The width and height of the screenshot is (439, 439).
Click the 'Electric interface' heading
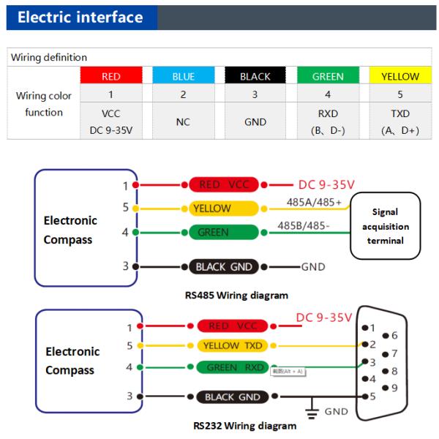pyautogui.click(x=80, y=18)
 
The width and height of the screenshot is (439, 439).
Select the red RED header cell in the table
pyautogui.click(x=110, y=76)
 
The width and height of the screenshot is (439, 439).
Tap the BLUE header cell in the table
pyautogui.click(x=183, y=76)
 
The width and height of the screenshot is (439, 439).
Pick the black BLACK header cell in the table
pyautogui.click(x=255, y=76)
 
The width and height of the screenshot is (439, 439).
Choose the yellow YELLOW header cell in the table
pyautogui.click(x=400, y=76)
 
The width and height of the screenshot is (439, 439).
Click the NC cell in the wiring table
pyautogui.click(x=183, y=122)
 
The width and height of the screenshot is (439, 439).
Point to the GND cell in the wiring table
pyautogui.click(x=255, y=122)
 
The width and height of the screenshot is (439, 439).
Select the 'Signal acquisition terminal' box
pyautogui.click(x=385, y=226)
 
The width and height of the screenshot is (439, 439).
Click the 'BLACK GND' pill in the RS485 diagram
pyautogui.click(x=226, y=266)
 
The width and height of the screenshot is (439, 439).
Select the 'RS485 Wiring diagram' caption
pyautogui.click(x=236, y=295)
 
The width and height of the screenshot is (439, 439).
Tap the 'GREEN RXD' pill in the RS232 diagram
pyautogui.click(x=233, y=367)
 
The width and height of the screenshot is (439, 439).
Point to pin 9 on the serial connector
pyautogui.click(x=394, y=388)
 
